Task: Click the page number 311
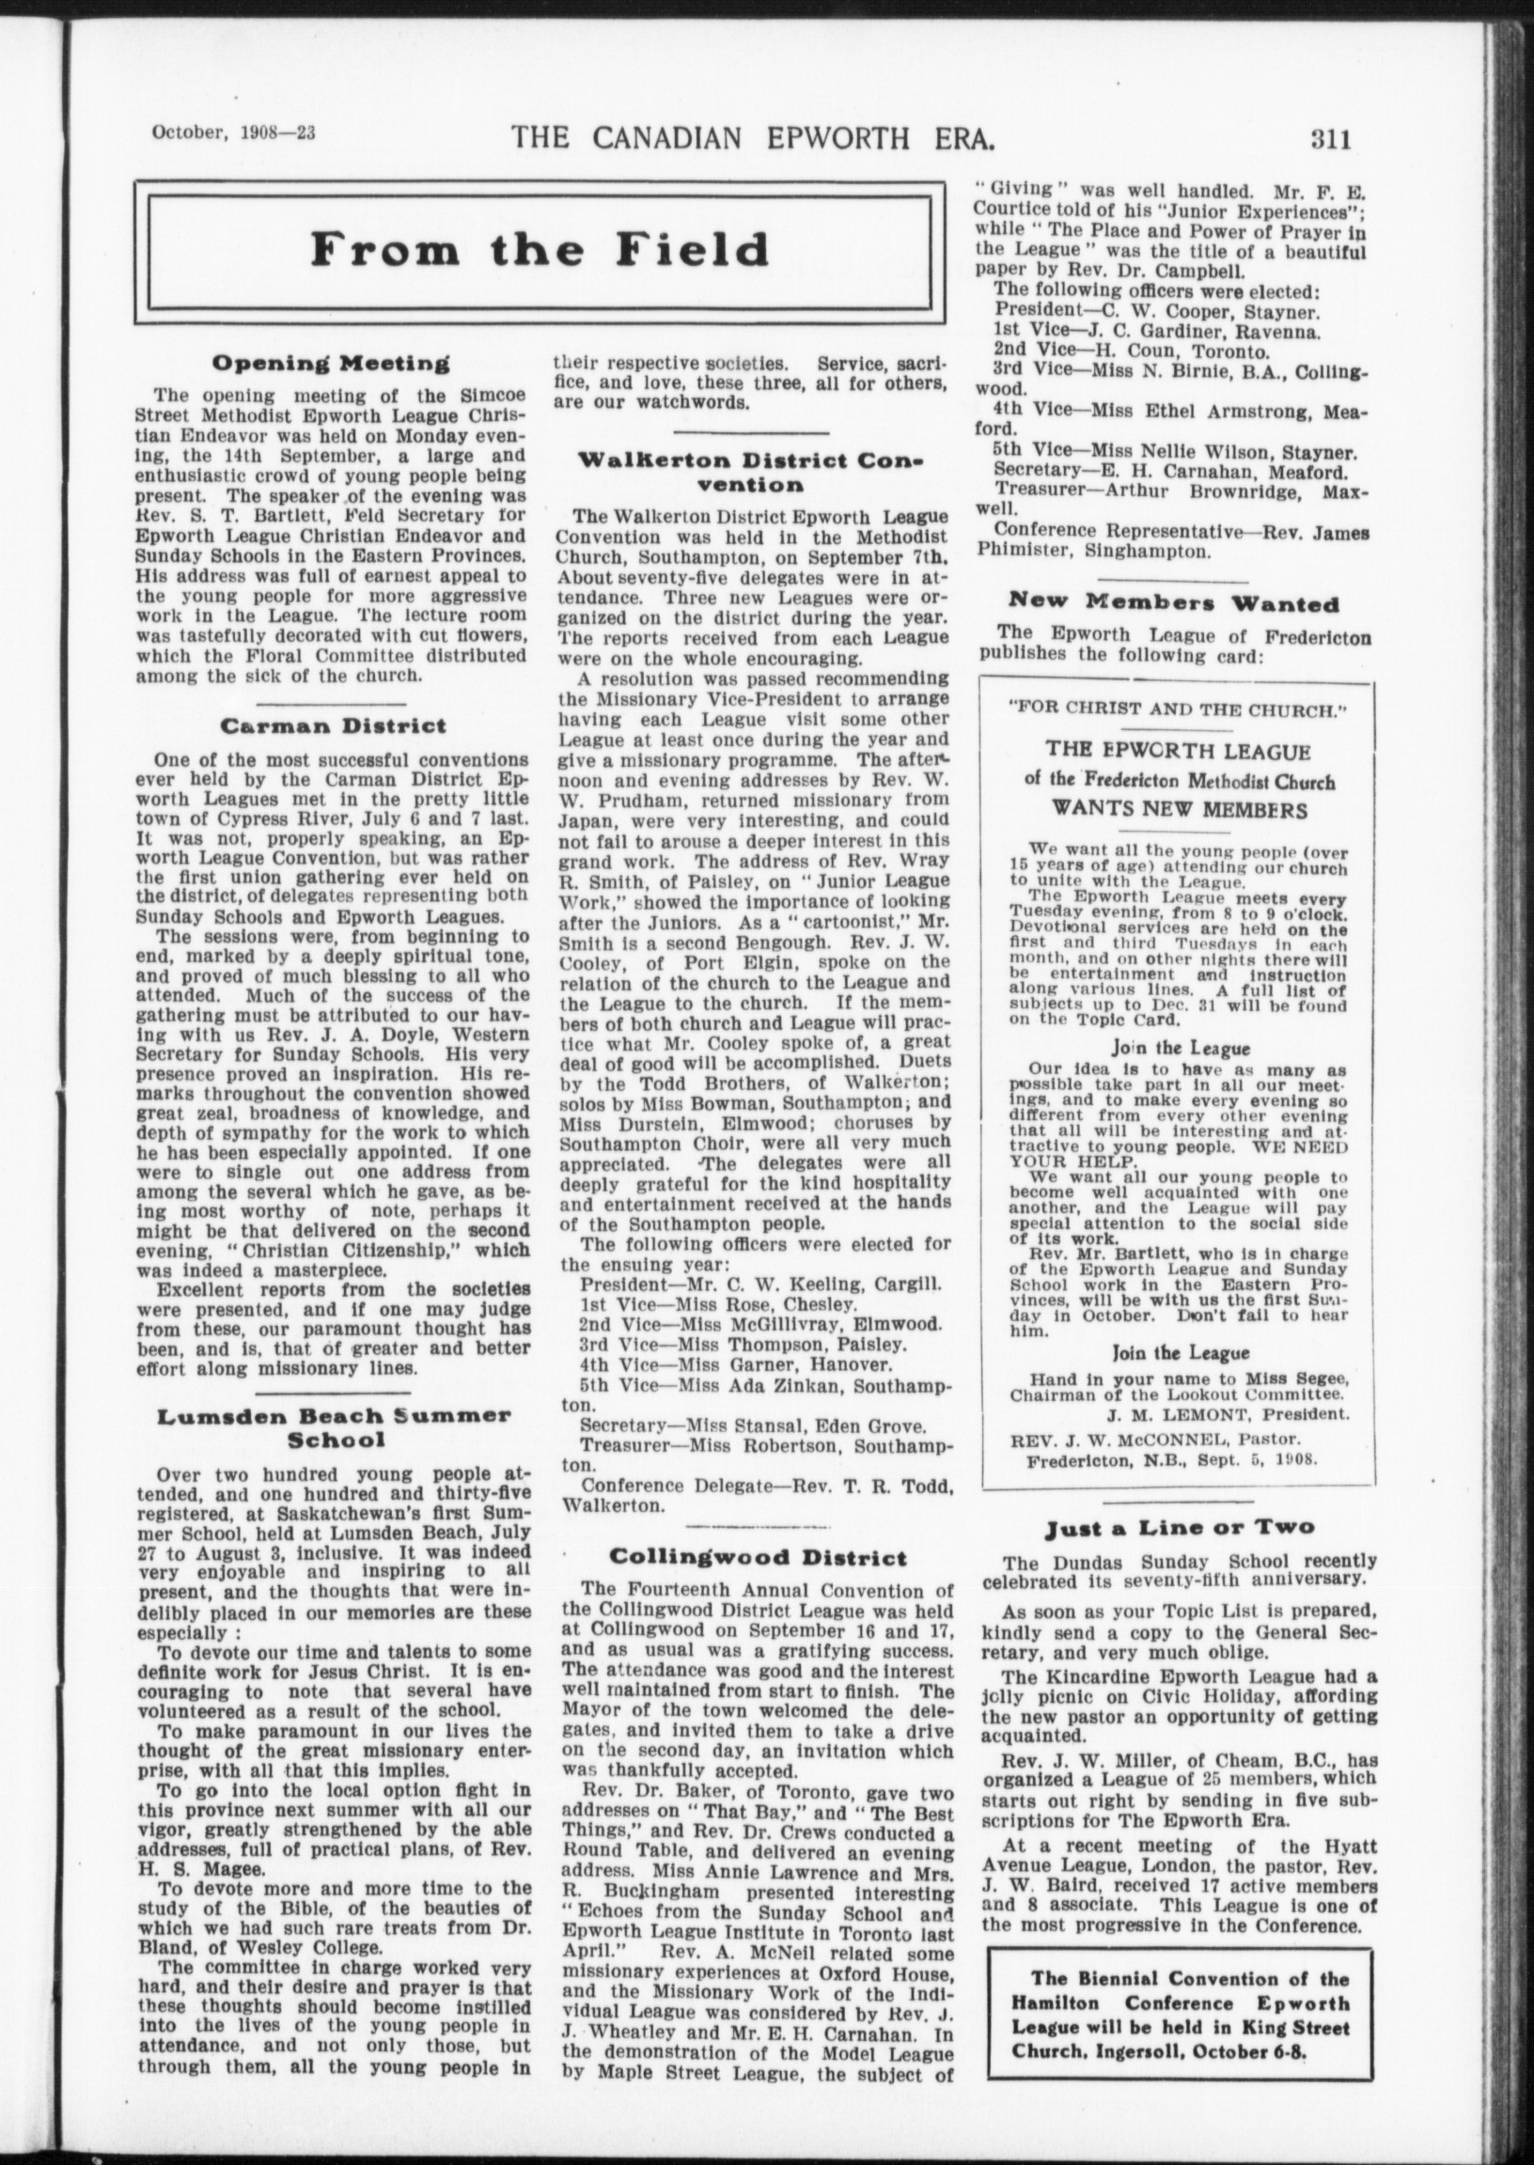click(x=1331, y=140)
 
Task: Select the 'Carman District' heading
click(x=333, y=727)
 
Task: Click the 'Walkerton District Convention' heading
click(x=750, y=473)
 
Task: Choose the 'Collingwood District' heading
click(x=758, y=1557)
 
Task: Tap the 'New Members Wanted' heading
click(x=1174, y=601)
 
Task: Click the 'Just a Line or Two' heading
click(x=1179, y=1527)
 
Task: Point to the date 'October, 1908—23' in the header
click(x=233, y=133)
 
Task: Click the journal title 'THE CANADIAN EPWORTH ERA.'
click(x=753, y=139)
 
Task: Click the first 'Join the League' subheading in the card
click(x=1181, y=1048)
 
